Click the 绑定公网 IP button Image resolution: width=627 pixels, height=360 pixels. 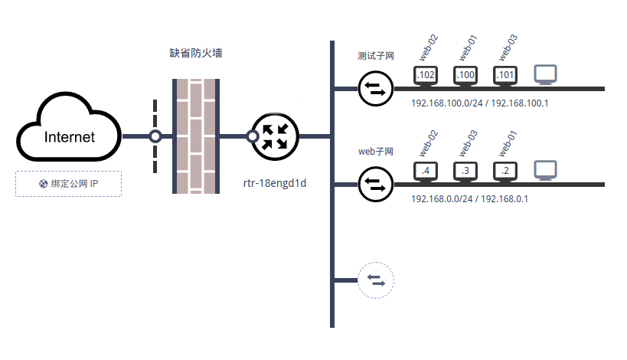coord(68,184)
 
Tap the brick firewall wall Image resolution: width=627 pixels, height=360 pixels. coord(197,136)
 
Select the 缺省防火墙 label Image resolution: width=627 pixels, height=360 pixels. coord(196,54)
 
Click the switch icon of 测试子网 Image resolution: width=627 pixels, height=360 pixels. coord(375,88)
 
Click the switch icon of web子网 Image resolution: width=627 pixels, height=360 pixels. coord(375,185)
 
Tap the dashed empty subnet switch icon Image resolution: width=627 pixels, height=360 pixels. coord(375,280)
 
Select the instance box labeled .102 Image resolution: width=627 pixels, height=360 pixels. coord(426,75)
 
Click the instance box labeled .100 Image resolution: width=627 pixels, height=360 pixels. coord(465,75)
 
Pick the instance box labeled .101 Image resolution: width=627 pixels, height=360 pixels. coord(505,75)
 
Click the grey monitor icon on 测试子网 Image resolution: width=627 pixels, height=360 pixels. coord(545,74)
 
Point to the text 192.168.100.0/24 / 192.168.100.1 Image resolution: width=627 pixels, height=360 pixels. coord(480,103)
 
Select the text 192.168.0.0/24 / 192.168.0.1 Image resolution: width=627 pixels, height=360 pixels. coord(470,198)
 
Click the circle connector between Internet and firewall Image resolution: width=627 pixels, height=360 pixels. coord(155,136)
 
